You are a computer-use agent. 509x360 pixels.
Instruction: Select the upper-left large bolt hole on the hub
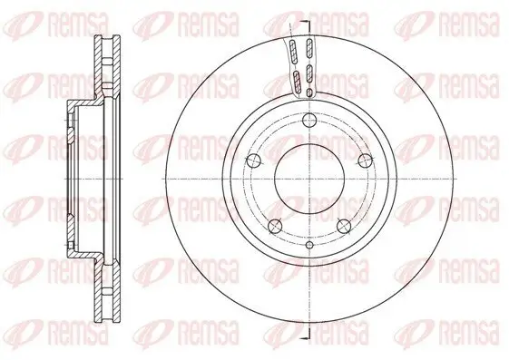click(x=255, y=161)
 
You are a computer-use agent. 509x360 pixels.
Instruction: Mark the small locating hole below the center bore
click(x=308, y=246)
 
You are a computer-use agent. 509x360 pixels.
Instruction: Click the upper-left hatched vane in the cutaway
click(x=294, y=51)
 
